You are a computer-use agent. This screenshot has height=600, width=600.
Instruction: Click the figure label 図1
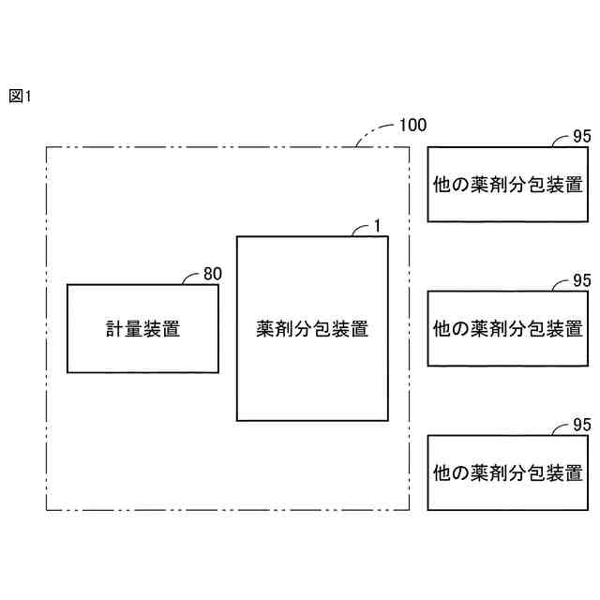point(20,96)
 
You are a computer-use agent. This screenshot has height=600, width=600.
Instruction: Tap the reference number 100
point(412,124)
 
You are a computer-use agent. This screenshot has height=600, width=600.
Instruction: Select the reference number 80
point(213,274)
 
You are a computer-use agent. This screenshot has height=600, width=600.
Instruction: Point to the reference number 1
point(376,225)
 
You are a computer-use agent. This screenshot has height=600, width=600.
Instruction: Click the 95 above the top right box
point(581,136)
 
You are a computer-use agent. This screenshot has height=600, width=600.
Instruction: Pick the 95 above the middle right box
point(581,280)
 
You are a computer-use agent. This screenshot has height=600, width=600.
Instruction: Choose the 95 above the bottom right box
point(581,425)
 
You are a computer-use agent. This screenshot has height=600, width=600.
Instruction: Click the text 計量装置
point(142,329)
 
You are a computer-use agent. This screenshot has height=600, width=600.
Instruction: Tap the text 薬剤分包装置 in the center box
point(312,329)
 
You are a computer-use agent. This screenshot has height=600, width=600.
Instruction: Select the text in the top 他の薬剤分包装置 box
point(508,185)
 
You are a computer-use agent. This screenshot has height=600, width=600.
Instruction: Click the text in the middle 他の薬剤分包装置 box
point(508,329)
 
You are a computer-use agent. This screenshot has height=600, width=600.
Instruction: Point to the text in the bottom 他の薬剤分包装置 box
point(508,473)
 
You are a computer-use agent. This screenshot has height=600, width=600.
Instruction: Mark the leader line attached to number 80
point(192,278)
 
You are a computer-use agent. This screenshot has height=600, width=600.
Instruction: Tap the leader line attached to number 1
point(360,230)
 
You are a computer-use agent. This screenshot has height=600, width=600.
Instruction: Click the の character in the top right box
point(461,185)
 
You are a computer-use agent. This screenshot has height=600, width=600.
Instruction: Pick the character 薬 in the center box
point(265,329)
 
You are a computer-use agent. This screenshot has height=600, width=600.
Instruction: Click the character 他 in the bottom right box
point(442,473)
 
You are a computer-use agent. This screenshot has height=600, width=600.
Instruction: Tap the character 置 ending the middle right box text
point(574,329)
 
